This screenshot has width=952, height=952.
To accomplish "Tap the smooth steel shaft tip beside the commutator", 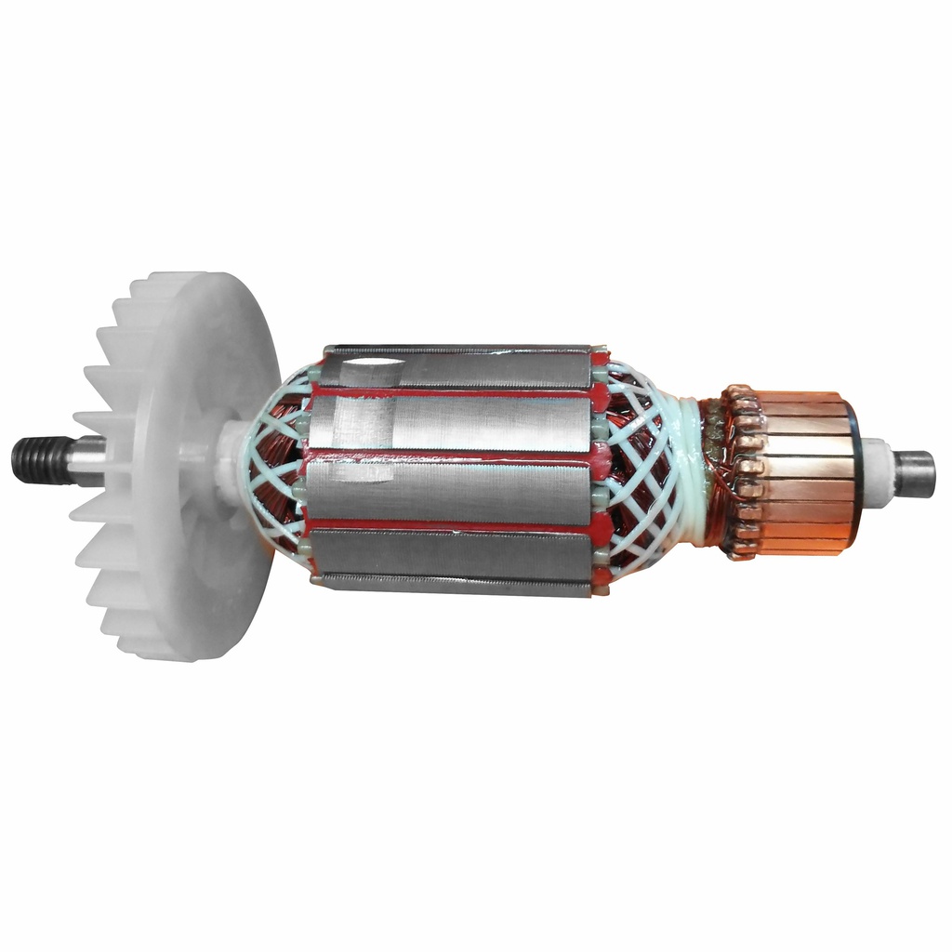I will pos(916,474).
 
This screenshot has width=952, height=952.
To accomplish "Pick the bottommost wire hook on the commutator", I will pos(742,551).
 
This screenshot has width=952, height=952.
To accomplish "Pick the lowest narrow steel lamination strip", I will pos(456,585).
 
